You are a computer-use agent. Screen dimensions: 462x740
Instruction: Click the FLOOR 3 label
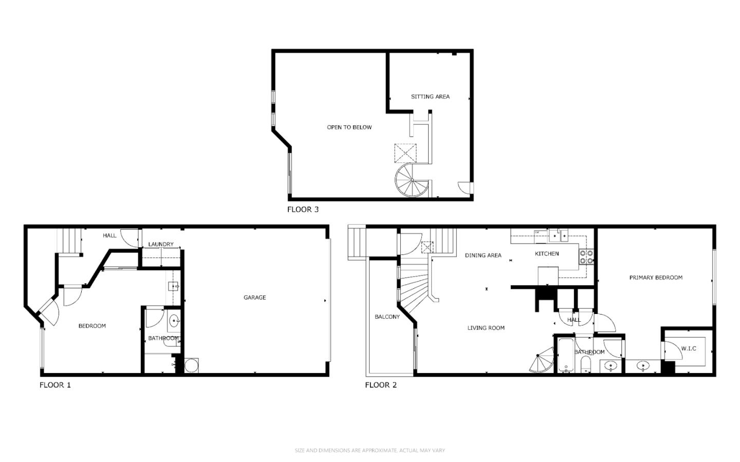(303, 209)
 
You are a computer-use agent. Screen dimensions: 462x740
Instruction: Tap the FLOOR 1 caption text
(55, 385)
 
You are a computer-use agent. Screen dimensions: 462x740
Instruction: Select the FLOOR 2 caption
(381, 385)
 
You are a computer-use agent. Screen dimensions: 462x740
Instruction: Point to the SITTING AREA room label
(430, 97)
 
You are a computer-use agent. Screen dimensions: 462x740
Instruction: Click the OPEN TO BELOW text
(349, 127)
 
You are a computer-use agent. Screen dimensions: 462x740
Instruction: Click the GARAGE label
(254, 298)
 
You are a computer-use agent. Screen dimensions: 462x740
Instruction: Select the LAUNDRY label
(161, 244)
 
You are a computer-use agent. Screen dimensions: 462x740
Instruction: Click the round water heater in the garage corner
(191, 365)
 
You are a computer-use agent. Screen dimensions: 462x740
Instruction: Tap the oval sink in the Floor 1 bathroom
(174, 322)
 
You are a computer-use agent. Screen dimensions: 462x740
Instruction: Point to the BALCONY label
(387, 317)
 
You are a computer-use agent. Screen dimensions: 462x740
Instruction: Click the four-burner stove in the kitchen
(586, 257)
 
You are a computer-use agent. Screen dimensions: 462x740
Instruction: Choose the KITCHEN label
(547, 254)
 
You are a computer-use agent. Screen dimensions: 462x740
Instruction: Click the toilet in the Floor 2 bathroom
(586, 366)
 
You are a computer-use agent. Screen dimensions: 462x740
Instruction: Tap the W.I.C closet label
(689, 348)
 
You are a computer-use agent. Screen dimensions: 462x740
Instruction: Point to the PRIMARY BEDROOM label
(656, 278)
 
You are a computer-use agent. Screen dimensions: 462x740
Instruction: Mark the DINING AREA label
(483, 255)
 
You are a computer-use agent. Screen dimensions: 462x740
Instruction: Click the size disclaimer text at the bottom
(369, 451)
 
